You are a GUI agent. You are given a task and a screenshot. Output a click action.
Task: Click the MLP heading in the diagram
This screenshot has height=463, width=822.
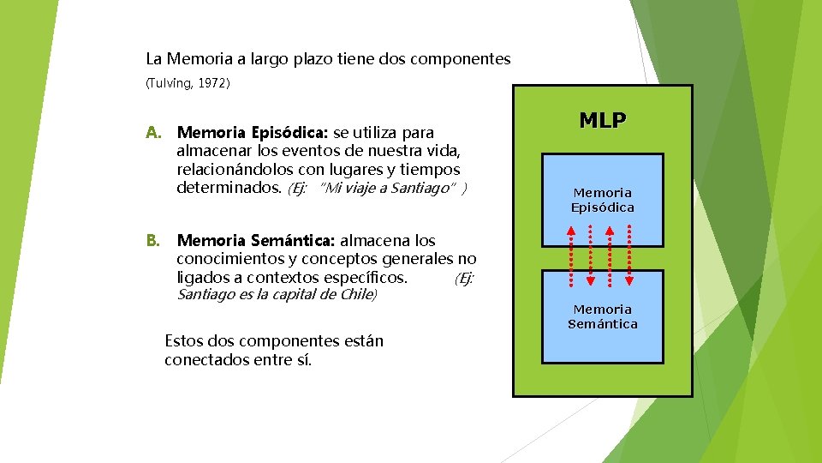(602, 120)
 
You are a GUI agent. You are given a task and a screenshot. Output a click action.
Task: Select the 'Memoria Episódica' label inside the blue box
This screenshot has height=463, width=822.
(602, 200)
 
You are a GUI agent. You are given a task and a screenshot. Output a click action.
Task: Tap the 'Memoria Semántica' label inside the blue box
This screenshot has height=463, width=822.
(602, 316)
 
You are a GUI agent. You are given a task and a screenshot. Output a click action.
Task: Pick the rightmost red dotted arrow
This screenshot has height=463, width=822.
(629, 256)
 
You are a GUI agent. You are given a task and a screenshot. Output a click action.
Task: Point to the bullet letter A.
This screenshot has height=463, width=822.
(153, 133)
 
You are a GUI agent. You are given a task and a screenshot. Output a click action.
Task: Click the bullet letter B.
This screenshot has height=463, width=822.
(153, 241)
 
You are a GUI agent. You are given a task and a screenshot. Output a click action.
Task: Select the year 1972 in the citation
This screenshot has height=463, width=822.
(211, 84)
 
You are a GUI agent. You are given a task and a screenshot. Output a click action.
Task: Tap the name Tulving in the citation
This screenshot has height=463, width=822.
(170, 84)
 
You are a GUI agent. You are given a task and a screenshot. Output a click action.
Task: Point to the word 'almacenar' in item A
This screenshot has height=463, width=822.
(213, 152)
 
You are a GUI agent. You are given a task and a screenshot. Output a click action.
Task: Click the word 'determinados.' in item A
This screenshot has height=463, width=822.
(229, 188)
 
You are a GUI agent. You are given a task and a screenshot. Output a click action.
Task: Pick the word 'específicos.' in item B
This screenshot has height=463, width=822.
(366, 277)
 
